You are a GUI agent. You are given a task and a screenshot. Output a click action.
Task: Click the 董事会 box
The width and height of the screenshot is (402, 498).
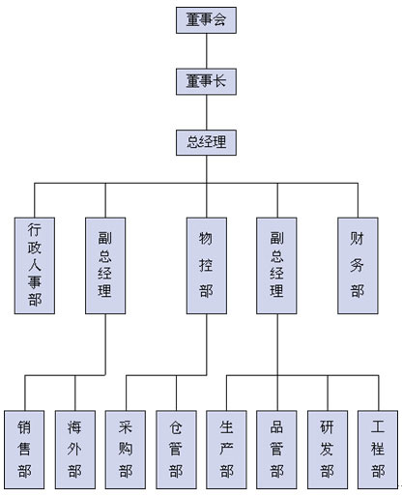click(206, 20)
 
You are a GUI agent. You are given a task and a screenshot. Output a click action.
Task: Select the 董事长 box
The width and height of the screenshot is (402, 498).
click(206, 81)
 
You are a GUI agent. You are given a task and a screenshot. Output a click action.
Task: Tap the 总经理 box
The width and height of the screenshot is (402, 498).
click(206, 142)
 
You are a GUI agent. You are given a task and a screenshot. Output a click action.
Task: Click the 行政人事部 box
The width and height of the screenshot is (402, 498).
click(35, 266)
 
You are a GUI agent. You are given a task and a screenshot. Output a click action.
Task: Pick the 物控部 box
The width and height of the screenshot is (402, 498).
click(207, 266)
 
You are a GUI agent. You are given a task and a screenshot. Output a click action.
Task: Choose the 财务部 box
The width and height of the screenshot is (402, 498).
click(358, 266)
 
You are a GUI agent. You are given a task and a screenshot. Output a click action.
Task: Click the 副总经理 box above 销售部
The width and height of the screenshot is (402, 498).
click(105, 266)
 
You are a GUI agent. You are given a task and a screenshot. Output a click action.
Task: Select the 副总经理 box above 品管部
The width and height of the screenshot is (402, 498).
click(276, 266)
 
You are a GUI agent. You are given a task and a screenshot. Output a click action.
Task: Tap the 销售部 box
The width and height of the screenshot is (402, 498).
click(24, 450)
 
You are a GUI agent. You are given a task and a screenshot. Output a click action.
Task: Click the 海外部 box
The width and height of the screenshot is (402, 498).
click(75, 450)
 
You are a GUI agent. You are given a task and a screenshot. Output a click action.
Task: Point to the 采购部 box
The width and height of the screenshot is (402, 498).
click(126, 450)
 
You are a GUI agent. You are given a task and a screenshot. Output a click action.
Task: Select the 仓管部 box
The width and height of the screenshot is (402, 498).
click(176, 450)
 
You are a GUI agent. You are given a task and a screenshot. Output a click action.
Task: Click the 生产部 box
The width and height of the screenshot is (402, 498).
click(226, 450)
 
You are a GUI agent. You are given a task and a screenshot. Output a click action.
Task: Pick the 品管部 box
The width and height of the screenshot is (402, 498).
click(276, 450)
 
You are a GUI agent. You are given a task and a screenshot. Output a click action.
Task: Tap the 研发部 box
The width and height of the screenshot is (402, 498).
click(328, 450)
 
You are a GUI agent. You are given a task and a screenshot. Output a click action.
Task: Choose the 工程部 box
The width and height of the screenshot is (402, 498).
click(378, 450)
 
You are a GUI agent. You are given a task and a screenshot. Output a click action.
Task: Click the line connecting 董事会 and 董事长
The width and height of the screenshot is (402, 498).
click(207, 51)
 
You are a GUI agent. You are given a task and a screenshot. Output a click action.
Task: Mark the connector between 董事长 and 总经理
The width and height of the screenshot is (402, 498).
click(207, 112)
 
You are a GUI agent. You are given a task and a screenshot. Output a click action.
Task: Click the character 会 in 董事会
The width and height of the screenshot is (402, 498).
click(219, 19)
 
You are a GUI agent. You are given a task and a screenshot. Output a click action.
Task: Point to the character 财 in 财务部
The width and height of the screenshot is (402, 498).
click(358, 239)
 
